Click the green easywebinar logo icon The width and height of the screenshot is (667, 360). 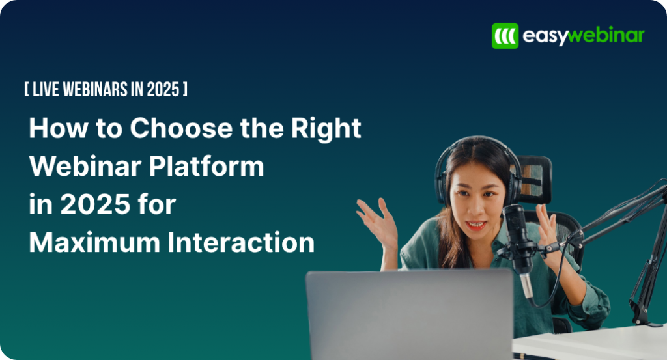click(505, 36)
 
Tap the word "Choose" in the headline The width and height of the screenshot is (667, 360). click(175, 128)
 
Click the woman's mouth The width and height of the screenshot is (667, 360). click(476, 225)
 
